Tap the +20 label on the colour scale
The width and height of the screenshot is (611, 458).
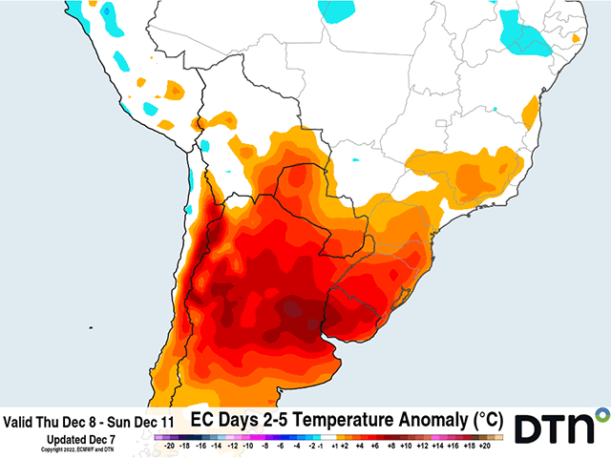[x=484, y=445]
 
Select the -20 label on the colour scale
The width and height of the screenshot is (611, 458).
[x=169, y=445]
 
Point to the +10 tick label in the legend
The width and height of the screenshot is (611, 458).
[x=407, y=445]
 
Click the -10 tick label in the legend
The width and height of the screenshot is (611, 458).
[x=247, y=445]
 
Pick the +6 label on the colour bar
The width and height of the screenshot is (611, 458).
[x=376, y=445]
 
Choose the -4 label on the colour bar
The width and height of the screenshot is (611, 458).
[x=295, y=445]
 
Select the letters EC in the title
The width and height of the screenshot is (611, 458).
[x=201, y=419]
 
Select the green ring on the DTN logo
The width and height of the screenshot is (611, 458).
[x=601, y=414]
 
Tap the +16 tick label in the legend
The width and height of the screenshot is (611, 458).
[x=453, y=445]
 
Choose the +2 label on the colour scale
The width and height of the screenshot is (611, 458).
[x=345, y=445]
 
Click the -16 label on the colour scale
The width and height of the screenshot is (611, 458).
[x=200, y=445]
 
